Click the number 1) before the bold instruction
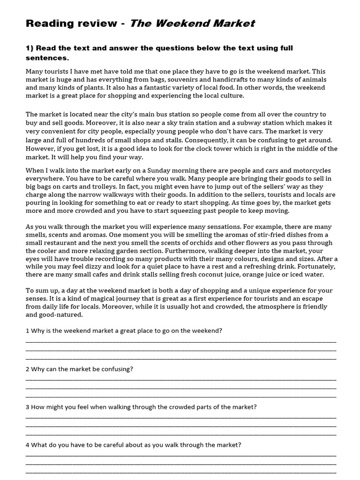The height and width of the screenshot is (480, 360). [30, 48]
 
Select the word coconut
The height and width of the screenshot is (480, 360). [189, 275]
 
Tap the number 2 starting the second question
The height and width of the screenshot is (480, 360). [28, 369]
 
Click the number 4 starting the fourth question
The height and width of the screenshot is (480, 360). [28, 445]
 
